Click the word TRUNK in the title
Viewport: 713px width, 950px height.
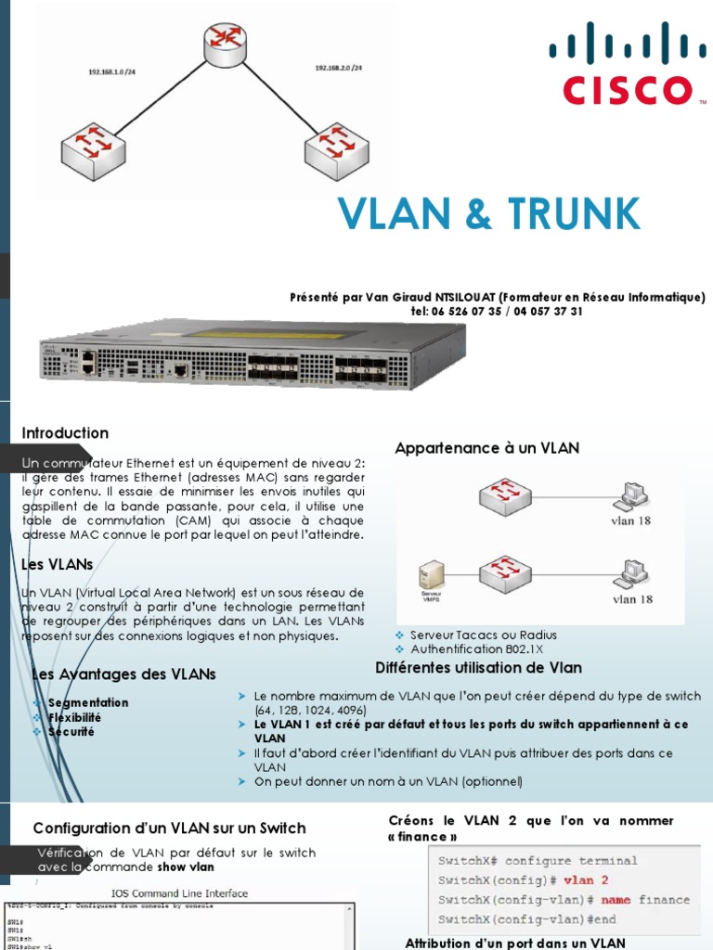tap(568, 215)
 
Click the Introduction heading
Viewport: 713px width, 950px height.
tap(65, 433)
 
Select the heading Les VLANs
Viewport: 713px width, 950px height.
tap(58, 564)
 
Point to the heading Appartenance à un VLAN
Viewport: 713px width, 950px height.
tap(486, 448)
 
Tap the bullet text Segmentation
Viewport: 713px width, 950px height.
tap(88, 702)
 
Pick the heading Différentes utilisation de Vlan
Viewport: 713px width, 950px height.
tap(478, 668)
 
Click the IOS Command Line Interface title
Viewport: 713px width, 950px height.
tap(180, 893)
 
